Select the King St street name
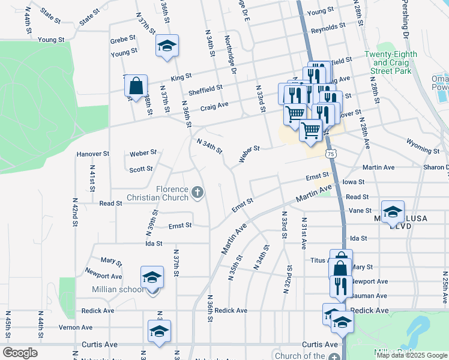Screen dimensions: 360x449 pos(181,77)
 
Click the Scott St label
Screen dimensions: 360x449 pos(141,169)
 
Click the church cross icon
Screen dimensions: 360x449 pos(197,193)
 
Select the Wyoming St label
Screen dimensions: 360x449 pos(419,144)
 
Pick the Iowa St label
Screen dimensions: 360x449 pos(353,182)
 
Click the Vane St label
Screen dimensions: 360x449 pos(360,211)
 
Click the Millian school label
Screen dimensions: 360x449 pos(118,290)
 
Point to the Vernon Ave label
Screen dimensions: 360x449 pos(75,328)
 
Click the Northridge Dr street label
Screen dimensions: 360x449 pos(230,49)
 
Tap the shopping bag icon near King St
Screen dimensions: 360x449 pos(136,86)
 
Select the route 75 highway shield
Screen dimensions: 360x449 pos(331,154)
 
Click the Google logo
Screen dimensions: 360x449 pos(20,353)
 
